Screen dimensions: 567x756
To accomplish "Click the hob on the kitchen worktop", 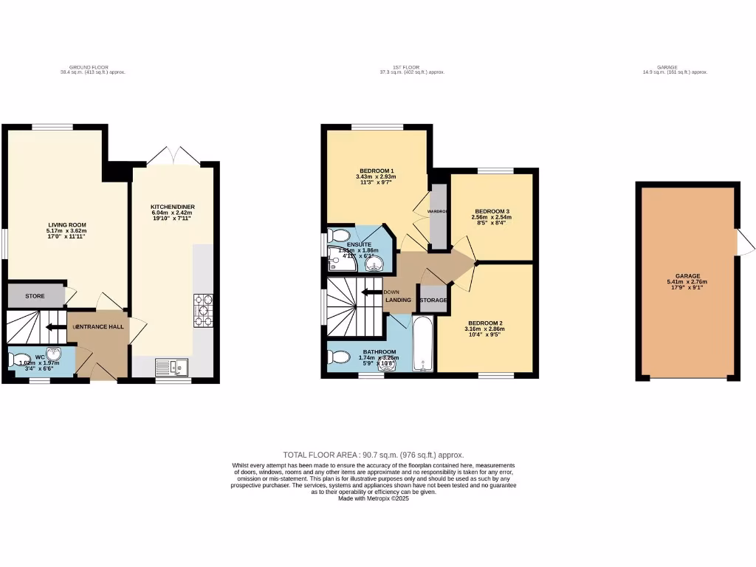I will (x=203, y=310).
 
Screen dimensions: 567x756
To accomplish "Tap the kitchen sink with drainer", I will (x=171, y=365).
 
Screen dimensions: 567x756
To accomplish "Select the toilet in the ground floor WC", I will (x=16, y=360).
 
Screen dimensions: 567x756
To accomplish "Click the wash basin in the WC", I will (x=53, y=354).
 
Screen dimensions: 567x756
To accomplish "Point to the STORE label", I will (x=35, y=296).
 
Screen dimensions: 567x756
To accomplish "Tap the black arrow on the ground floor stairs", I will (x=54, y=326).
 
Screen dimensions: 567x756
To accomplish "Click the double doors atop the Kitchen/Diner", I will (x=174, y=156).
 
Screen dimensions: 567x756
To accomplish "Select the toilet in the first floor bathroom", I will (x=340, y=358).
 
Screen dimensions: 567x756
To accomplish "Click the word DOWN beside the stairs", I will (x=392, y=292).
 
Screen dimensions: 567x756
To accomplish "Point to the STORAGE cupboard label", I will (x=433, y=300).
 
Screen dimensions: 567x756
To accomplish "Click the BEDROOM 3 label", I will (x=492, y=210).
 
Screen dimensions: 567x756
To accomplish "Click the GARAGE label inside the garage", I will (x=687, y=275).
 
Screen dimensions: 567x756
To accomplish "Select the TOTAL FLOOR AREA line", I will (x=374, y=455).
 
